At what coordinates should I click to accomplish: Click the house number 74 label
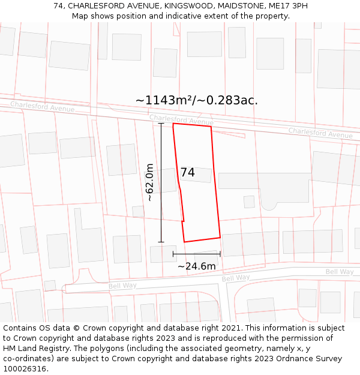click(x=187, y=173)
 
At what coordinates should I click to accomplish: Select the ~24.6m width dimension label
click(x=196, y=266)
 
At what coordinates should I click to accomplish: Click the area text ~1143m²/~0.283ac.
click(x=197, y=100)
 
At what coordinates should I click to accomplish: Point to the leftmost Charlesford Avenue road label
click(x=42, y=107)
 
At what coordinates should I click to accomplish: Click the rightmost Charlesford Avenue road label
click(x=320, y=133)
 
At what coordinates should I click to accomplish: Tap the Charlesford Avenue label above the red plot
click(x=181, y=120)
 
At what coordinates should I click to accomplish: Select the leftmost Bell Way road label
click(x=122, y=286)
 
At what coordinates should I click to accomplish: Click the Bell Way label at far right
click(x=340, y=272)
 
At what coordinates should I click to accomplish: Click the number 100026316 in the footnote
click(x=23, y=369)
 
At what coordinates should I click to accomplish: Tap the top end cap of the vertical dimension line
click(x=161, y=124)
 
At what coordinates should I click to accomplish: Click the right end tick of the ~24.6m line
click(x=220, y=254)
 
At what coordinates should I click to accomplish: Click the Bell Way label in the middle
click(x=236, y=278)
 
